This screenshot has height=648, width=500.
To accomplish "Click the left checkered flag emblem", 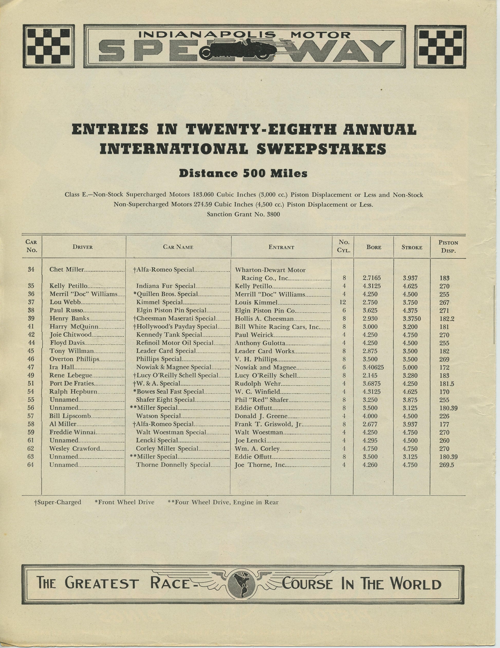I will tap(49, 46).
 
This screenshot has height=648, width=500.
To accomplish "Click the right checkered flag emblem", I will tap(440, 46).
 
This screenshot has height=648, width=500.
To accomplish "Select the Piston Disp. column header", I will tap(448, 247).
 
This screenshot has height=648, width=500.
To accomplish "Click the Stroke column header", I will tap(412, 247).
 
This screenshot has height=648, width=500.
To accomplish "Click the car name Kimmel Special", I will tap(159, 302).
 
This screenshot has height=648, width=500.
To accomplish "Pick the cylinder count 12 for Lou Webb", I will tap(344, 302).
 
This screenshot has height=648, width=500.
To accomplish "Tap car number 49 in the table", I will tap(31, 375).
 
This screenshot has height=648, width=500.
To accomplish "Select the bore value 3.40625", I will tap(373, 367).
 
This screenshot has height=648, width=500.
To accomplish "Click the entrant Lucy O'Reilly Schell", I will tap(266, 375).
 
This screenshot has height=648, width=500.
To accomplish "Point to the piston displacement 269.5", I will tap(447, 465).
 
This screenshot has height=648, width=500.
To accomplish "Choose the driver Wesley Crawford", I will tap(75, 449).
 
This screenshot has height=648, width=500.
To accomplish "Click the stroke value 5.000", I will tap(410, 367).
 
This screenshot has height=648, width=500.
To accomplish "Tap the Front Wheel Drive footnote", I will tap(124, 502).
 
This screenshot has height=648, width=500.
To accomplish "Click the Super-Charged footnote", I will tap(58, 502).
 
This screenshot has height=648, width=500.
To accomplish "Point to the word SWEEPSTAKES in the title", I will tap(321, 149).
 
